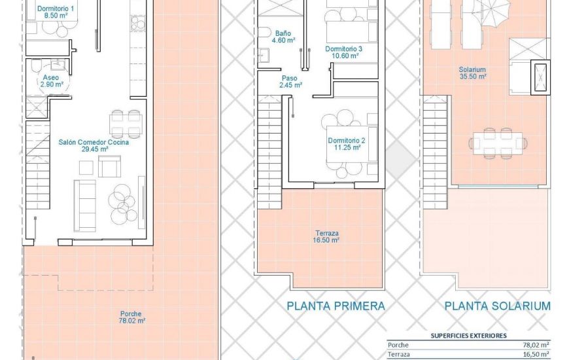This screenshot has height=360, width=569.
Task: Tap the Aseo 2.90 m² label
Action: [x=51, y=81]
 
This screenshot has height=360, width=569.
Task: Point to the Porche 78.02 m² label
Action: [x=131, y=317]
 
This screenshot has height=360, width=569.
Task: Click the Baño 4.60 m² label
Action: [x=283, y=36]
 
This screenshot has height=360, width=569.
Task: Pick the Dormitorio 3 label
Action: [x=344, y=52]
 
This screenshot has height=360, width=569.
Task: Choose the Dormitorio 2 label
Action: [x=346, y=144]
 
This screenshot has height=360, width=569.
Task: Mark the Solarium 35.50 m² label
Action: [x=472, y=73]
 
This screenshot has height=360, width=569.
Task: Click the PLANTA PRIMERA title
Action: [x=336, y=306]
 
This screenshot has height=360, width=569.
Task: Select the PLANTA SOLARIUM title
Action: [x=497, y=306]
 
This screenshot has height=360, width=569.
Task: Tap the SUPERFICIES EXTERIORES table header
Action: [x=468, y=335]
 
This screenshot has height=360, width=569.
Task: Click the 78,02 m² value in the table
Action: [x=535, y=345]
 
